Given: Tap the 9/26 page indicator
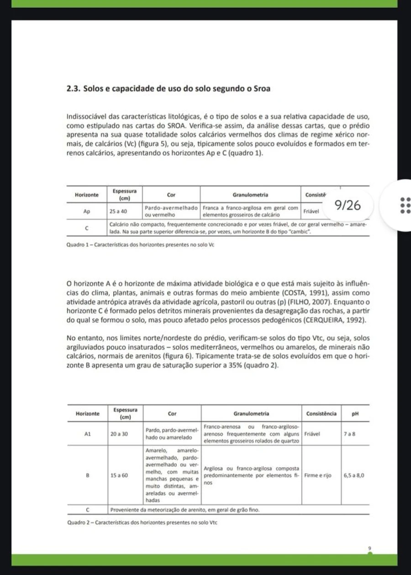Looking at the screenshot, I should coord(348,206).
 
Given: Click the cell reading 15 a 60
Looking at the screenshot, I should coord(119,475).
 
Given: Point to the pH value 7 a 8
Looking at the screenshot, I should coord(349,434).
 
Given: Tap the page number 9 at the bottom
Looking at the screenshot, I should coord(370,547).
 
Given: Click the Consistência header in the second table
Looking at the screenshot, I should coord(321,414).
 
